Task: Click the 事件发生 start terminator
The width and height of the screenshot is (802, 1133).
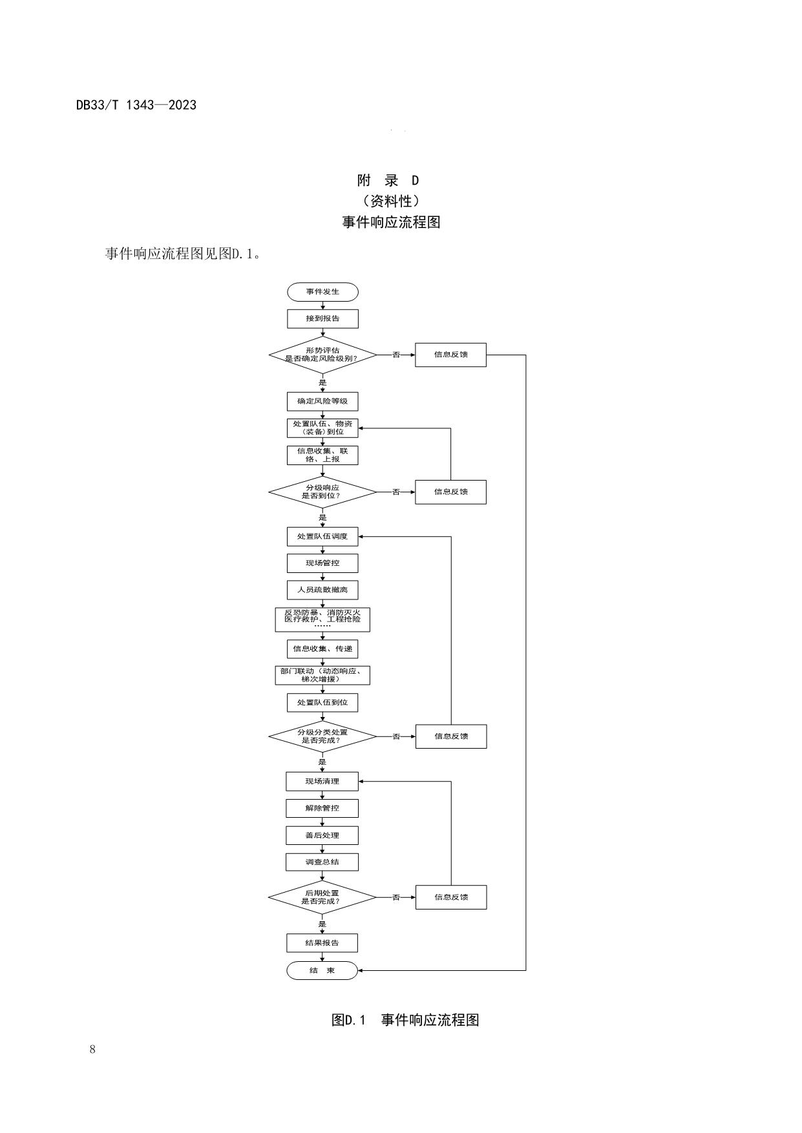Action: pos(322,291)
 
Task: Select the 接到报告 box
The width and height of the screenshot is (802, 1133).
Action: pos(322,318)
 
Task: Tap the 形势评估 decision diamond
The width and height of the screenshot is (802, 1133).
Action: pos(322,355)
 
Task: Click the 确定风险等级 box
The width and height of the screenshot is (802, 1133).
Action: pos(322,401)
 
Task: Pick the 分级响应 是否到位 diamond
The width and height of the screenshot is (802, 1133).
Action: pos(322,492)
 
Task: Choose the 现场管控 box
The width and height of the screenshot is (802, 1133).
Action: pos(322,563)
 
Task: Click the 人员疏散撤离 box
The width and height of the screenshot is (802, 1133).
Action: pos(322,590)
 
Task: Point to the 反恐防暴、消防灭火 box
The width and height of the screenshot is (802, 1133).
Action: pos(322,619)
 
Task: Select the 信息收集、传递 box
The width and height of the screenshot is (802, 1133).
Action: pos(322,649)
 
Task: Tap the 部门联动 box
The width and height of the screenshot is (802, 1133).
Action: pos(322,675)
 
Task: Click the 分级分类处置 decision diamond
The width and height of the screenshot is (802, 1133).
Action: pos(322,736)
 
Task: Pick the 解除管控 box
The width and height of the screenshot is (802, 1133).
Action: pos(322,808)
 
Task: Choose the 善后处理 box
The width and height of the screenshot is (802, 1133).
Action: pos(322,835)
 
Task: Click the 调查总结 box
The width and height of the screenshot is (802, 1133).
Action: pos(322,862)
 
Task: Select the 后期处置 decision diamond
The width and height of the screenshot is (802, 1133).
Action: pos(322,897)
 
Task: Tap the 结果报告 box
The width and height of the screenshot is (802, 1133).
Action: pos(322,942)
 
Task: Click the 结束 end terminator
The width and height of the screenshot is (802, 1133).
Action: pos(322,970)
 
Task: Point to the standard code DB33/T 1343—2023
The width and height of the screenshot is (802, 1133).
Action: pos(136,105)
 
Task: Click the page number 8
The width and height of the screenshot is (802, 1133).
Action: pos(92,1049)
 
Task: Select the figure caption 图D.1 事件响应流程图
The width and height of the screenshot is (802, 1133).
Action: pos(405,1020)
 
